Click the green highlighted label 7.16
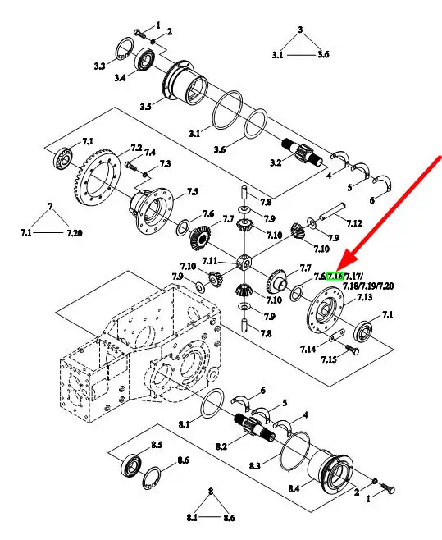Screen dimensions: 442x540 [x=335, y=276]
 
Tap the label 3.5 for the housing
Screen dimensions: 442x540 [x=145, y=107]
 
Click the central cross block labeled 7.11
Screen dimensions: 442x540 [x=244, y=263]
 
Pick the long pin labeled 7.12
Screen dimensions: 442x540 [x=332, y=212]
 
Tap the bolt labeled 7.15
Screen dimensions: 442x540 [x=352, y=350]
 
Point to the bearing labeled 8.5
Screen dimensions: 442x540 [x=131, y=464]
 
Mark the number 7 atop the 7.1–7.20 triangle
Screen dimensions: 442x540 [x=50, y=207]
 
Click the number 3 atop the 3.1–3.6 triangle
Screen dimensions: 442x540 [x=300, y=30]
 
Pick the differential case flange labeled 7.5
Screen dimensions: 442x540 [x=152, y=210]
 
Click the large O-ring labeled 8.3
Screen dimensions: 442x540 [x=294, y=451]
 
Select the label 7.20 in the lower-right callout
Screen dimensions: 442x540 [x=386, y=286]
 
